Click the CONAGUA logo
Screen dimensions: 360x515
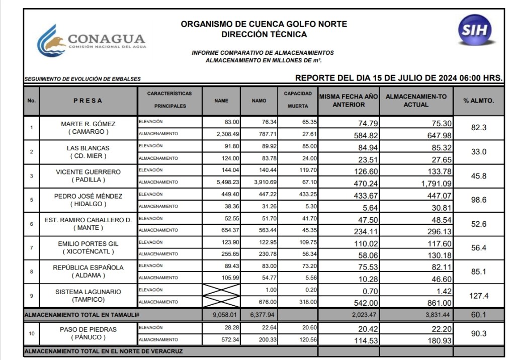tap(91, 40)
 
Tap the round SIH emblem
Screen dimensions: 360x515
tap(475, 30)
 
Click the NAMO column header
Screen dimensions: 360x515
tap(259, 101)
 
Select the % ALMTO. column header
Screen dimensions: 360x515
tap(478, 101)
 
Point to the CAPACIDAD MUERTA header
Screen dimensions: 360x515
tap(298, 100)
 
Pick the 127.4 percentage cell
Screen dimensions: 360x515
tap(478, 296)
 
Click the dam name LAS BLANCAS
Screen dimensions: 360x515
tap(88, 148)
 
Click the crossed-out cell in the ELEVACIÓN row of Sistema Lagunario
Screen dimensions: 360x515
tap(221, 290)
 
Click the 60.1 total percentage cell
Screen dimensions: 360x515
tap(478, 315)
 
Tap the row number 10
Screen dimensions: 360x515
tap(32, 334)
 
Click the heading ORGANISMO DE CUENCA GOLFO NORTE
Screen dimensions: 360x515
tap(264, 24)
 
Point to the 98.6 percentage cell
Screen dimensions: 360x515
tap(478, 200)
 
